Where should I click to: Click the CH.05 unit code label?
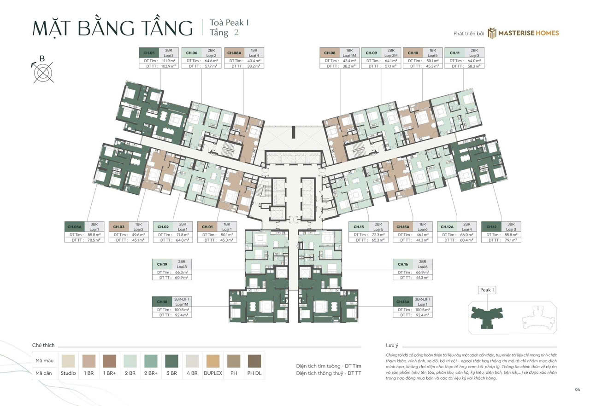click(x=149, y=53)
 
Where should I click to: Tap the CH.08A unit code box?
click(x=234, y=53)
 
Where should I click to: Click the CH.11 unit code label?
click(x=454, y=53)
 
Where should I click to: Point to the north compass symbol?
click(x=43, y=72)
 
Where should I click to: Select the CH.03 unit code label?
click(x=119, y=226)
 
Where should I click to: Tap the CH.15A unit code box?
click(x=403, y=226)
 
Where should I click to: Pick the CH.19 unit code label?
click(x=162, y=264)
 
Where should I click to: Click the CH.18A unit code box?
click(x=402, y=302)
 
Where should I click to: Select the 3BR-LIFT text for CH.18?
click(x=182, y=299)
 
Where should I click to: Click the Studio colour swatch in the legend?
click(x=68, y=360)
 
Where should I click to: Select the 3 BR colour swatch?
click(x=171, y=360)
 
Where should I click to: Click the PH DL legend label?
click(x=254, y=373)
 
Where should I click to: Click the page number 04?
click(x=577, y=390)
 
